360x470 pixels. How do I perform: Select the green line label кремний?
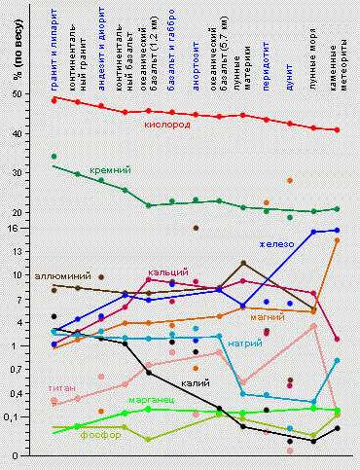109,171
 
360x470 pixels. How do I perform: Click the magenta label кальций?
167,272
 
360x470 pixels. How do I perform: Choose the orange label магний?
267,317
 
